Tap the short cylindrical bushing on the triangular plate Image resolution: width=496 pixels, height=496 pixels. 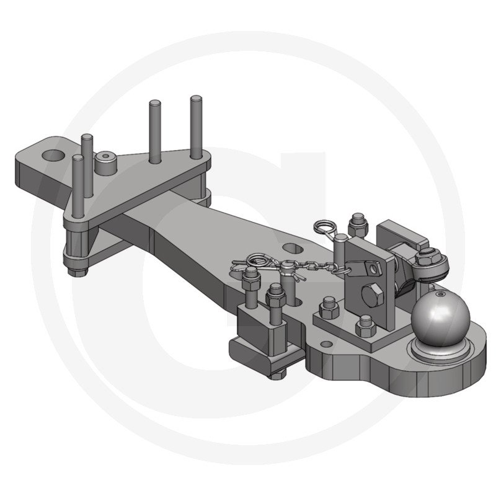coord(106,164)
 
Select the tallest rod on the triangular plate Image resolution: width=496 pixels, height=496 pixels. coord(196,127)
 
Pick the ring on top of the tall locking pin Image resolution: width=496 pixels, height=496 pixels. coord(327,229)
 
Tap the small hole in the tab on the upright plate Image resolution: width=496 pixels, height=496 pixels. coord(372,268)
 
